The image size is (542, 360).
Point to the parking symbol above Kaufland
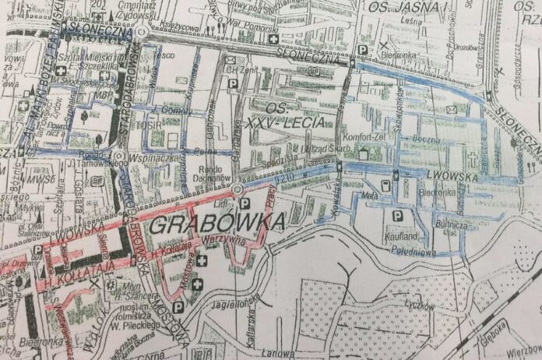click(x=397, y=216)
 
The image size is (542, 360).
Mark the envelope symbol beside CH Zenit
click(x=231, y=58)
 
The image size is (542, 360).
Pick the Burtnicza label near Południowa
click(x=452, y=223)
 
